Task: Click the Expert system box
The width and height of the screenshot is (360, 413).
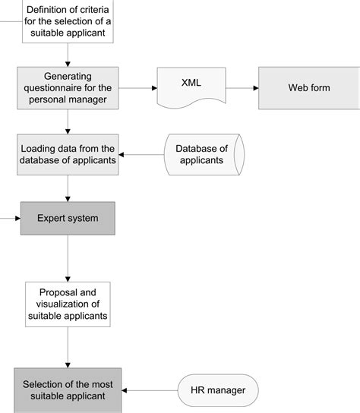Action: click(68, 218)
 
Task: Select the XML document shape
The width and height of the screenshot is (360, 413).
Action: click(191, 87)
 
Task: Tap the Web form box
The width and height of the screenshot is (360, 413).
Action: click(308, 87)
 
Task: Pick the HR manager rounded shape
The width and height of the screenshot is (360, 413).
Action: click(217, 390)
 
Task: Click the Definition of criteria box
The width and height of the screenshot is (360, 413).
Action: click(68, 21)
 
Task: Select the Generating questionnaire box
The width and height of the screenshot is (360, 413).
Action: click(68, 87)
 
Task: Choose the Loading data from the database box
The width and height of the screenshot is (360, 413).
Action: click(68, 154)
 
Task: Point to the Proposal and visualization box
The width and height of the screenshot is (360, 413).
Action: click(68, 303)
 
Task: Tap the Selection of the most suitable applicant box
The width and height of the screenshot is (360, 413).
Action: click(68, 389)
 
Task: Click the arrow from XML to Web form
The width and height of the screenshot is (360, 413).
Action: click(242, 87)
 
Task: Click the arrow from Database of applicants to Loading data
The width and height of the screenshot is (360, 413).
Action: click(141, 155)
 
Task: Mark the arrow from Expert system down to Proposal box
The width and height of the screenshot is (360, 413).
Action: click(68, 258)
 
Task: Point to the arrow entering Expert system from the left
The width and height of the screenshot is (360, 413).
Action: click(11, 218)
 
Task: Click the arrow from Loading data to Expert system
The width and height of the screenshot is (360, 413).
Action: click(68, 188)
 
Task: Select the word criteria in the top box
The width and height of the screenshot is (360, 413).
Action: click(94, 10)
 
